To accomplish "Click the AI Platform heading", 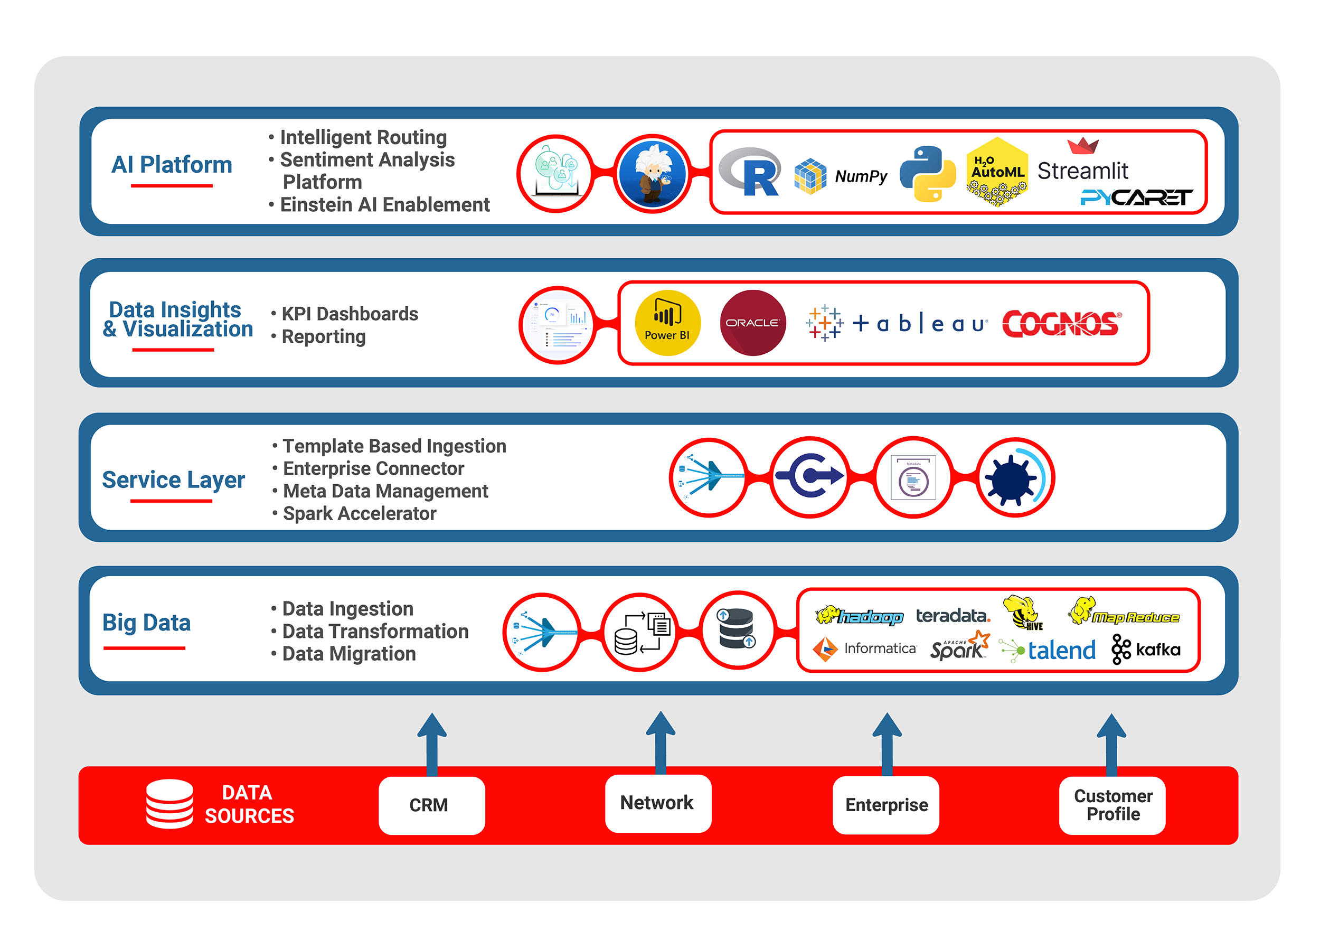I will (x=172, y=165).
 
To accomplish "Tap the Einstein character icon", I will (x=653, y=173).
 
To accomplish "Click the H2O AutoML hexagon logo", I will (x=997, y=172).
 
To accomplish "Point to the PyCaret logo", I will (x=1136, y=198).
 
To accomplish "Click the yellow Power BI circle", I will (x=667, y=323).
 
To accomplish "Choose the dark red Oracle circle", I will (x=752, y=323).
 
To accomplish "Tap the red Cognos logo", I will (x=1061, y=324).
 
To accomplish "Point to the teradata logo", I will (x=953, y=616).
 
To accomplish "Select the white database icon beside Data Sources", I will (x=169, y=803).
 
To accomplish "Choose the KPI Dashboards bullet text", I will (x=349, y=314).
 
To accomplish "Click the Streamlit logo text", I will (x=1082, y=171).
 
